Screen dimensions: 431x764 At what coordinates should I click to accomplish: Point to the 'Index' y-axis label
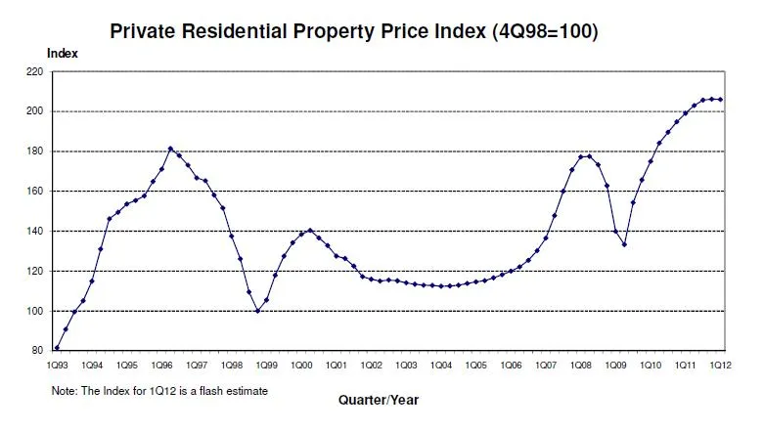pyautogui.click(x=63, y=53)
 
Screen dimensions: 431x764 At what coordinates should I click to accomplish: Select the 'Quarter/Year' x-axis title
pyautogui.click(x=380, y=400)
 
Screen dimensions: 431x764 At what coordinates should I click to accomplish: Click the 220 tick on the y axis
pyautogui.click(x=35, y=72)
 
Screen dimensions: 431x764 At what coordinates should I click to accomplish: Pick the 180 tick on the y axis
pyautogui.click(x=35, y=151)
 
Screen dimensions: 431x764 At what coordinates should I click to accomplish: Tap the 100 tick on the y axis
pyautogui.click(x=35, y=312)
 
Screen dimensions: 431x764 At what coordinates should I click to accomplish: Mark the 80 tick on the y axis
pyautogui.click(x=38, y=351)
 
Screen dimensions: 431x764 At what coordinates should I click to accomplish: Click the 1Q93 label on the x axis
pyautogui.click(x=57, y=365)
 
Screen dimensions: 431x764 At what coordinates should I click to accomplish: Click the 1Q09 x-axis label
pyautogui.click(x=614, y=365)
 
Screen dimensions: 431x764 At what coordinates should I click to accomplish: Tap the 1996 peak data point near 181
pyautogui.click(x=170, y=149)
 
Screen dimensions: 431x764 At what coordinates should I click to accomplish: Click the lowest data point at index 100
pyautogui.click(x=257, y=311)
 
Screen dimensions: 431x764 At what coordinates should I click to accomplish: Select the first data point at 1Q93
pyautogui.click(x=57, y=348)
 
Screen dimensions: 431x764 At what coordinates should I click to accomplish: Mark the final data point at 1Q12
pyautogui.click(x=721, y=99)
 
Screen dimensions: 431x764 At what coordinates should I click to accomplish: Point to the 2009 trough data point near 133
pyautogui.click(x=624, y=244)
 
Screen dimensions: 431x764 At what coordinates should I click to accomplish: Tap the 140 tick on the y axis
pyautogui.click(x=35, y=232)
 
